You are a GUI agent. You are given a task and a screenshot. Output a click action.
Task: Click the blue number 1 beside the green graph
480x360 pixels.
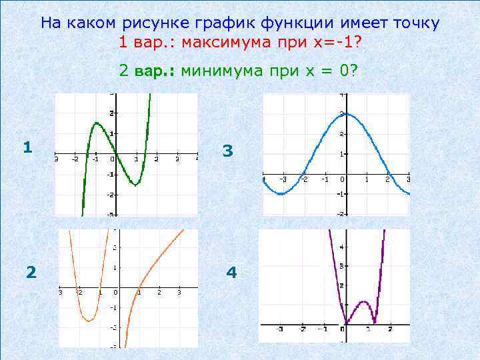27,147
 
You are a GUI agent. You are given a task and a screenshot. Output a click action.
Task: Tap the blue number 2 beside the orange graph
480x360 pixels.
31,272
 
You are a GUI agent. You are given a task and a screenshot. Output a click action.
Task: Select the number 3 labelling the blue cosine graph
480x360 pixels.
228,151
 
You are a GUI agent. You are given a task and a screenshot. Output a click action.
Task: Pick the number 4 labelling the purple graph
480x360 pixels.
231,273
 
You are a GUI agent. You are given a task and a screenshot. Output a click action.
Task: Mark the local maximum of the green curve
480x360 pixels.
97,123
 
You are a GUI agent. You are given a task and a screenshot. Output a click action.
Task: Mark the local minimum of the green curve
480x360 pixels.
135,185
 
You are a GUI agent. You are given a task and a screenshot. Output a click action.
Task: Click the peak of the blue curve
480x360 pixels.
342,113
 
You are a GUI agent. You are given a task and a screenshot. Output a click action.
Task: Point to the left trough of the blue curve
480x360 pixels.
281,193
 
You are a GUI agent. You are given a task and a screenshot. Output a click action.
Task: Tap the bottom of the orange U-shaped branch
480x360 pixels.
89,321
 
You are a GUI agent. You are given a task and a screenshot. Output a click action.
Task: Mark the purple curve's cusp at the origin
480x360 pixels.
344,325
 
